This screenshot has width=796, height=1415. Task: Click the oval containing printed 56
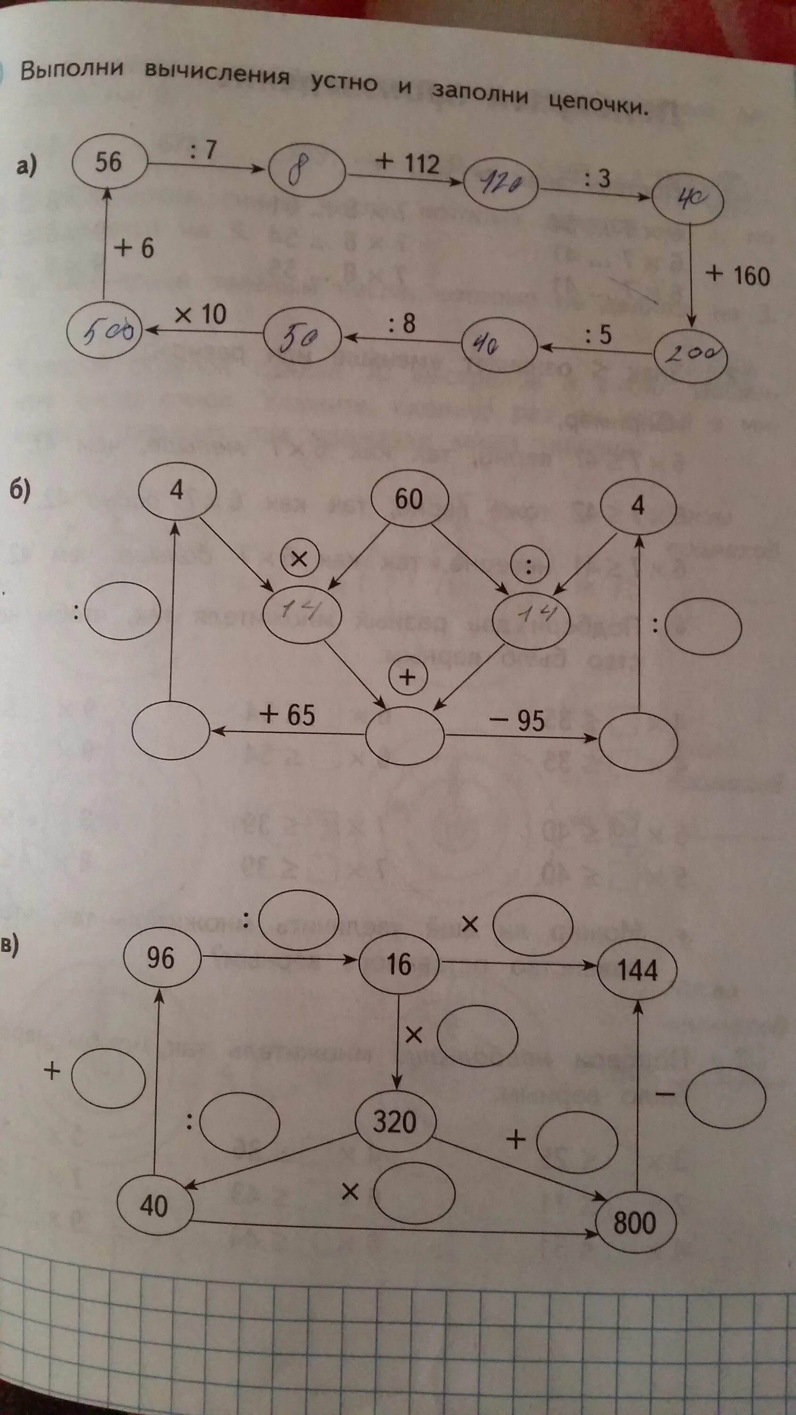109,162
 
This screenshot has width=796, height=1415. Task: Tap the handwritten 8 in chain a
307,173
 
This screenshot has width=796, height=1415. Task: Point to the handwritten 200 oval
691,356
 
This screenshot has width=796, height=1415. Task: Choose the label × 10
201,315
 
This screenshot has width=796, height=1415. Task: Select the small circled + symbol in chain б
407,677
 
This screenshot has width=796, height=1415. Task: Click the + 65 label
288,715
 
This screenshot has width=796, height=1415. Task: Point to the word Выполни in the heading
72,70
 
